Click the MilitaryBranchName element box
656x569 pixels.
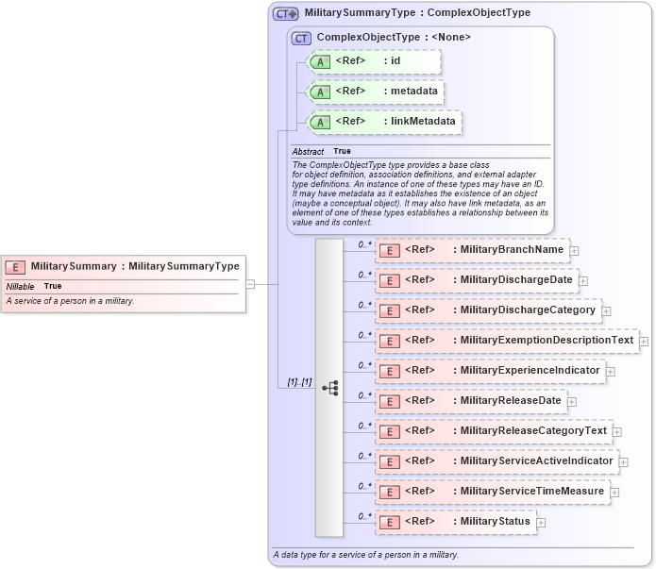click(x=473, y=250)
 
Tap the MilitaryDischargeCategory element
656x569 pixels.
click(x=488, y=310)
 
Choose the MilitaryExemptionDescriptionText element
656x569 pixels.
click(x=507, y=341)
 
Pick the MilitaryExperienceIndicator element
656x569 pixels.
click(x=490, y=371)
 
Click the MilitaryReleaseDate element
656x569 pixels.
click(x=471, y=401)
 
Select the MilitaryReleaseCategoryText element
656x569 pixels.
click(x=494, y=431)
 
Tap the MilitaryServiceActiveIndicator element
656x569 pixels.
click(x=497, y=461)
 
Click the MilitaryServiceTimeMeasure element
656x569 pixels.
click(x=492, y=492)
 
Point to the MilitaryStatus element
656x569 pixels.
click(x=456, y=522)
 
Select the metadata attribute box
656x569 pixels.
click(x=377, y=92)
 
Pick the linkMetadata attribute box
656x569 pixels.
click(x=385, y=122)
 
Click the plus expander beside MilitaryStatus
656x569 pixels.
click(x=541, y=523)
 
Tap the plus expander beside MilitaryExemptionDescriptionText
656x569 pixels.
click(x=644, y=342)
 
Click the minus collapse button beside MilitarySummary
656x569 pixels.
click(x=250, y=283)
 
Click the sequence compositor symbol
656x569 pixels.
click(x=329, y=387)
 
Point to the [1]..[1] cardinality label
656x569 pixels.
click(x=299, y=381)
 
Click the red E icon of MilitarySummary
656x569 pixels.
click(x=16, y=267)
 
